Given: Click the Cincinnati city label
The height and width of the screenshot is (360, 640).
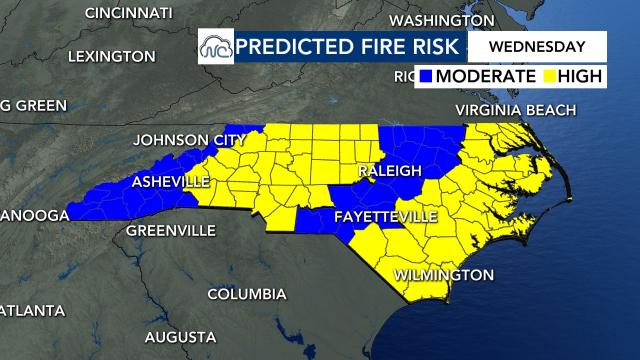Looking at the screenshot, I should [x=130, y=13].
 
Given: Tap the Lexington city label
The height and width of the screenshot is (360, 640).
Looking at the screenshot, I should [x=112, y=57].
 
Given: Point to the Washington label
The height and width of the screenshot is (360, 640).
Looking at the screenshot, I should [x=441, y=21].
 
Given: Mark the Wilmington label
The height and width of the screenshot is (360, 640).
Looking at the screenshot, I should [x=444, y=274].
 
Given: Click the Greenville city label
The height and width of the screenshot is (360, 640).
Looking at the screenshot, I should [x=170, y=230].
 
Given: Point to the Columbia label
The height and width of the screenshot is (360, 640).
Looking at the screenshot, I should [x=247, y=294].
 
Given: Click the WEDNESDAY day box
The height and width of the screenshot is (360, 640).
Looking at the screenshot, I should [x=536, y=46].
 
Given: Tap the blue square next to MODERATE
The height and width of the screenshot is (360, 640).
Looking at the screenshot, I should [x=426, y=76].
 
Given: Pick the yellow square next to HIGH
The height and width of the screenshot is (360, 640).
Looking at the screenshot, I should [x=549, y=76].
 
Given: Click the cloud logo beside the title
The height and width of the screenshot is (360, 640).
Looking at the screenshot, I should [x=214, y=47].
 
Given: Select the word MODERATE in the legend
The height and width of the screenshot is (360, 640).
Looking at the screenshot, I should [x=486, y=76].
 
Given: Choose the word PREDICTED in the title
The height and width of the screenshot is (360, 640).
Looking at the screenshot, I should [x=288, y=46].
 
